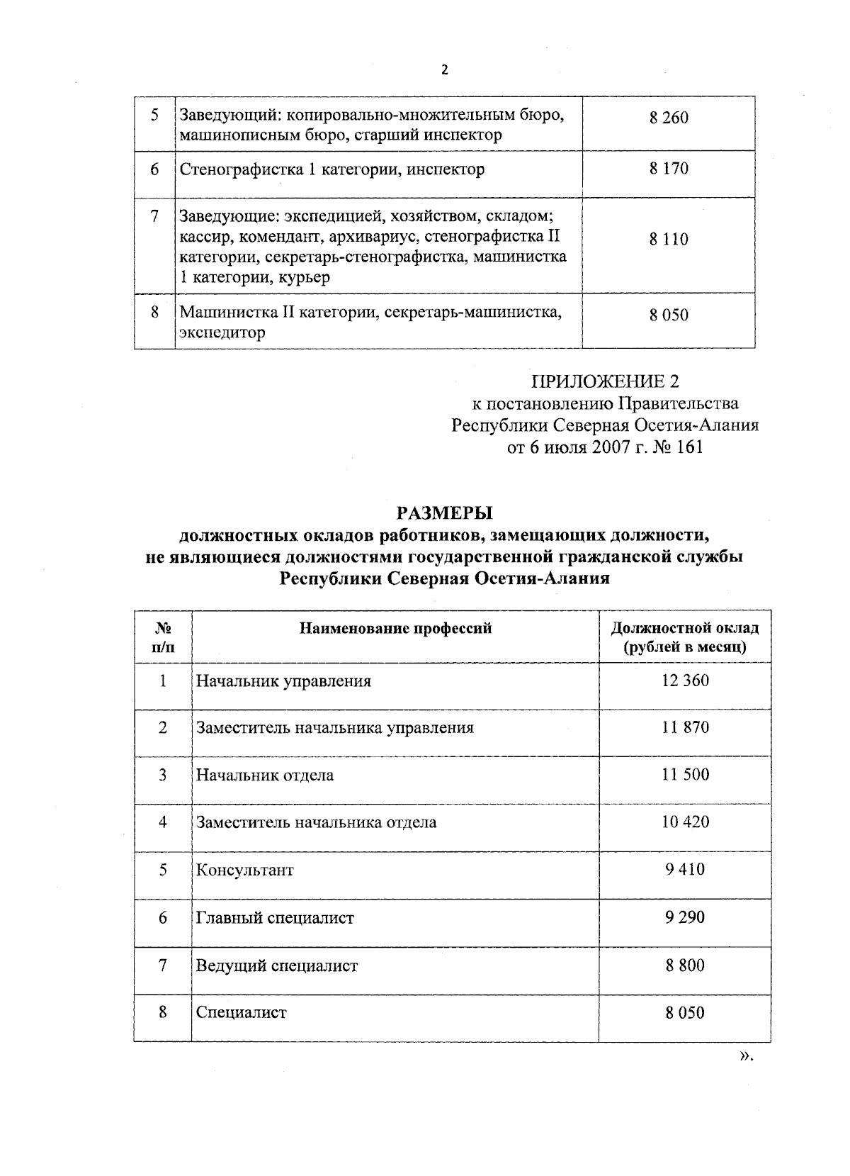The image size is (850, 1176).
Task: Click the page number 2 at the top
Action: click(x=444, y=69)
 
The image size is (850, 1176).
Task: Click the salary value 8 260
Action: click(x=668, y=118)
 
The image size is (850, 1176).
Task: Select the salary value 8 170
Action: click(x=668, y=169)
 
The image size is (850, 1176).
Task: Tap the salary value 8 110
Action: click(x=668, y=240)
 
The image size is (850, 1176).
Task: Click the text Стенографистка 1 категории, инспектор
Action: click(x=332, y=169)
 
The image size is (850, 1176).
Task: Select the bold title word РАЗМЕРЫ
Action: click(x=444, y=513)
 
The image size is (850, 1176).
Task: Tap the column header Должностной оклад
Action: click(x=684, y=628)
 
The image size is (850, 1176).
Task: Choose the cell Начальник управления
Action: click(x=283, y=682)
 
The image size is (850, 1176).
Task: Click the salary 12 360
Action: click(x=685, y=681)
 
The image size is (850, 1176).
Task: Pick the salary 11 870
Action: click(x=685, y=727)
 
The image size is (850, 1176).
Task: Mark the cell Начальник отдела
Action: click(x=265, y=775)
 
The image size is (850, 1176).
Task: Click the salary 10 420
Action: click(x=685, y=822)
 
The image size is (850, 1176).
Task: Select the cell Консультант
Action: click(x=244, y=870)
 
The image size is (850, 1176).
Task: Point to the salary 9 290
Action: click(x=685, y=917)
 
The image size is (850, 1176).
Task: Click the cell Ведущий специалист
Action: click(x=277, y=965)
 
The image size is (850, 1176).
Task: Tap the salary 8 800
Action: click(x=685, y=965)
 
